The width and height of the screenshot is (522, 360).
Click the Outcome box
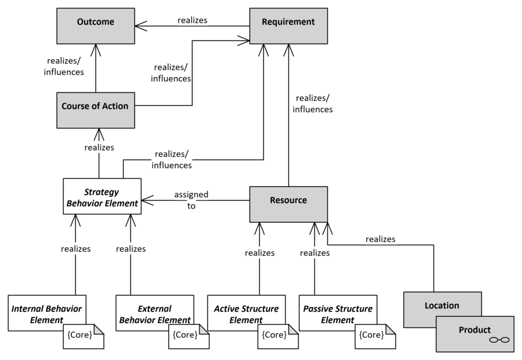pos(95,26)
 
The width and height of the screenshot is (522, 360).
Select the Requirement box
pos(289,26)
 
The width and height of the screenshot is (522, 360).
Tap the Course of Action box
pos(95,110)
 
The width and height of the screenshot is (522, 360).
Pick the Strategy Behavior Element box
pos(102,196)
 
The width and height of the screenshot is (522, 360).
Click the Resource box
pos(289,204)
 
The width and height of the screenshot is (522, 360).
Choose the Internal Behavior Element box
pos(47,313)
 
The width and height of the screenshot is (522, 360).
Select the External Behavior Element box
pos(155,313)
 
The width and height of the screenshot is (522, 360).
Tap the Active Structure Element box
pos(246,313)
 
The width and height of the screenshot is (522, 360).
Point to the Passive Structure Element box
pos(338,313)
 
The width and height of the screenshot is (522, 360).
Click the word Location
pos(442,305)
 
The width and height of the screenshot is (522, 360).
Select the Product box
pos(475,334)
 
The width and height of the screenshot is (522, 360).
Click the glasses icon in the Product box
pos(500,340)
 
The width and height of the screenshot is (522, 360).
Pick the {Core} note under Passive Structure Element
pos(375,337)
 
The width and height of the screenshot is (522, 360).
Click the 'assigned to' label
pos(191,200)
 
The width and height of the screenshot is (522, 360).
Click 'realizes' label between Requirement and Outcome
pos(192,20)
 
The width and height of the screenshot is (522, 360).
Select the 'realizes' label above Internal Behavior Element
pos(75,249)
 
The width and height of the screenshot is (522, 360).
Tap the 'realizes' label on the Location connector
pos(380,239)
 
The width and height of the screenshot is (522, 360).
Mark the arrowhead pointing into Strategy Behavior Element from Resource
pos(147,200)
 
